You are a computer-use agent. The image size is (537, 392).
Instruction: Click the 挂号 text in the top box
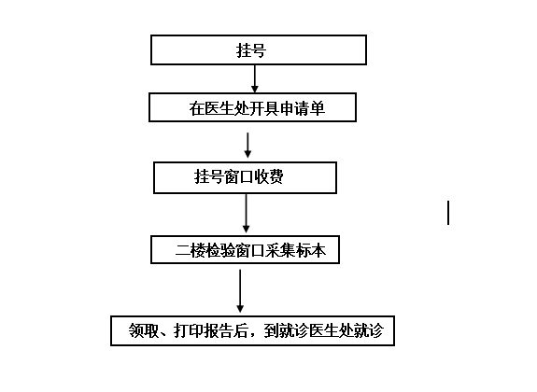point(251,50)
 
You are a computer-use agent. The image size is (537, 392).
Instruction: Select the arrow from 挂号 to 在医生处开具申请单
point(254,78)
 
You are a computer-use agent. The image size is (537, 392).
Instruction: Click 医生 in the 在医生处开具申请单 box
point(219,108)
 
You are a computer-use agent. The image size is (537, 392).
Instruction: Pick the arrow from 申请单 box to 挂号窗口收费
point(247,146)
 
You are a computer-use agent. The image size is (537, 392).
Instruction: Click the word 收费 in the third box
point(268,176)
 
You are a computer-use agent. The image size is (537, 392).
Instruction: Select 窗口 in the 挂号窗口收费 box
point(238,176)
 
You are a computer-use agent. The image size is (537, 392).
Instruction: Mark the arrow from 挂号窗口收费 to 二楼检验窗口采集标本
point(246,214)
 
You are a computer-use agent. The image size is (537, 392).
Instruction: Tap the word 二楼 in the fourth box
point(191,251)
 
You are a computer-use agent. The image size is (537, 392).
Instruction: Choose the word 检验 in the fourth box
point(220,251)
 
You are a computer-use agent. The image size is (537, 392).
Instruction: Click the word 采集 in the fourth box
point(281,251)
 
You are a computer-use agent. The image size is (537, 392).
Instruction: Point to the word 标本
point(311,251)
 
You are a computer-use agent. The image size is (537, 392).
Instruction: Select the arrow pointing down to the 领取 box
point(240,291)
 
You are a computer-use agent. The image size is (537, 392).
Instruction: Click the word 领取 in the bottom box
point(144,330)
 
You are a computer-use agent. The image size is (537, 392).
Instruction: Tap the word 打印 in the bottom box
point(189,330)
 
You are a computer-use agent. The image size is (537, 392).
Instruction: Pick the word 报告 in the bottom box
point(219,330)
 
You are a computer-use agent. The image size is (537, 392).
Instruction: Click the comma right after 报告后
point(253,335)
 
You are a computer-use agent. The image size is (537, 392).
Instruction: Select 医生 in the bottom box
point(324,330)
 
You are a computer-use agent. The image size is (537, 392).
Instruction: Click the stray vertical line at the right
point(448,213)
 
